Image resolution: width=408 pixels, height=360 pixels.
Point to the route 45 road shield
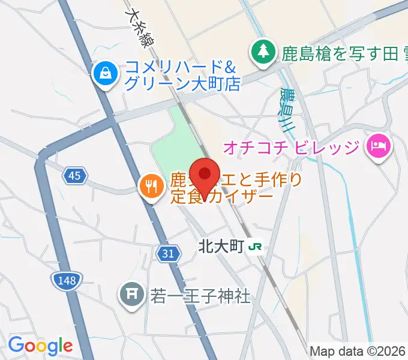tap(74, 175)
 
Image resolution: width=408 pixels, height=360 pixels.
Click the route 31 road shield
tap(169, 254)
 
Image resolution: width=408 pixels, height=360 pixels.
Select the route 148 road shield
tap(66, 279)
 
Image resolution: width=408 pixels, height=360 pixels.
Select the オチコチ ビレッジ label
tap(292, 146)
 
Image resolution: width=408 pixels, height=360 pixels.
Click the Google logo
tap(40, 346)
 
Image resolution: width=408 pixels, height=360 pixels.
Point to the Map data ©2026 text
tap(358, 352)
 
